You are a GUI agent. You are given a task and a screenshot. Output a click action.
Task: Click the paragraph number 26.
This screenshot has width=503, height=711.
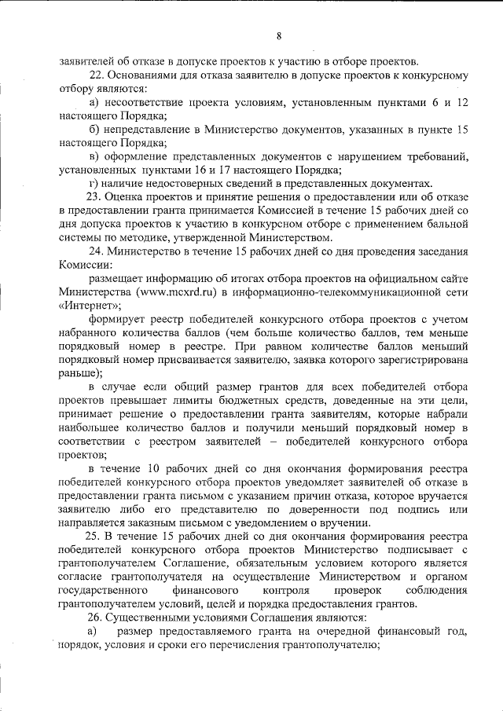click(96, 618)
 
